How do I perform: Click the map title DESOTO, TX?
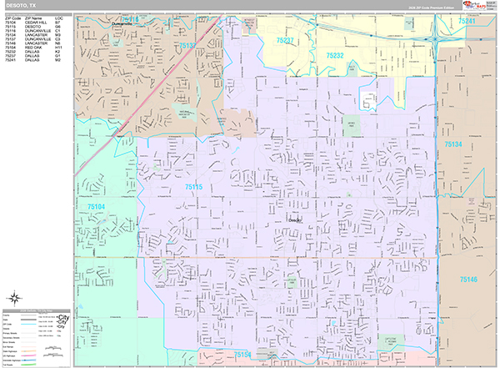(20, 5)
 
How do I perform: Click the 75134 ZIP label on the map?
(452, 145)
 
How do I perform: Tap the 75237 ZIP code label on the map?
(285, 40)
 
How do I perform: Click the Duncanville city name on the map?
(122, 24)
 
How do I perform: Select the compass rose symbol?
(15, 300)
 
